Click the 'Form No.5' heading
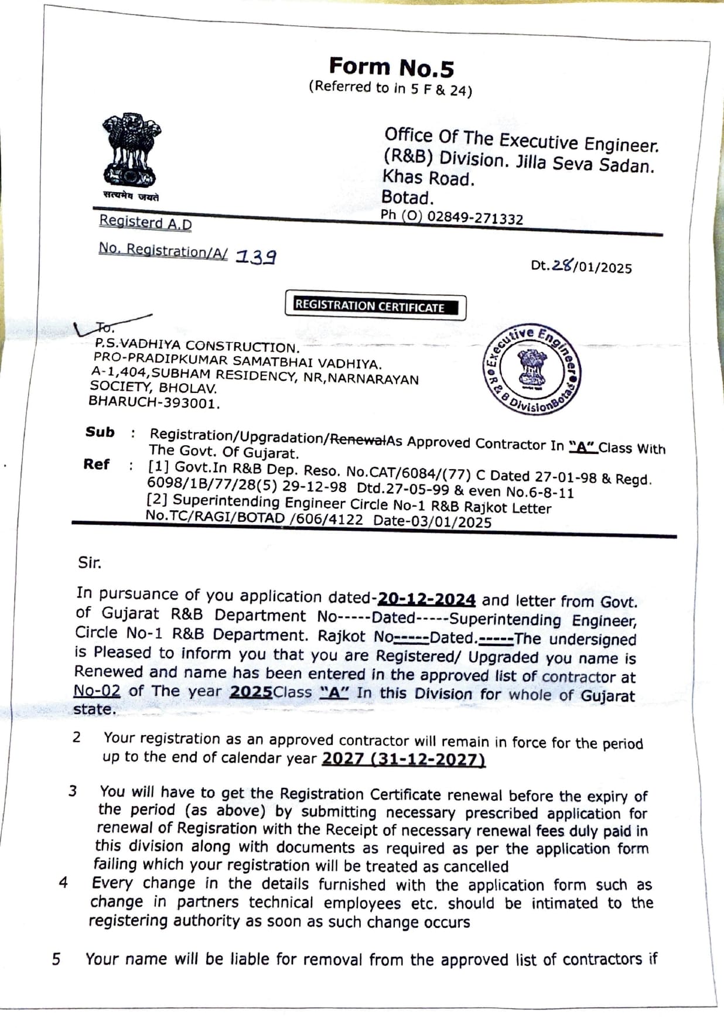(x=391, y=67)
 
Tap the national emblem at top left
(x=131, y=152)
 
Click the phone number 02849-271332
(x=474, y=218)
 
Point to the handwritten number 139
(x=256, y=256)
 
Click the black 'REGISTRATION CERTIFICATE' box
(x=375, y=306)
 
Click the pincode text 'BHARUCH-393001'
(x=154, y=402)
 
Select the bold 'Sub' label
(x=100, y=432)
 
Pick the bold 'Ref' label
(x=96, y=465)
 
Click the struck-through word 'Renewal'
(x=358, y=439)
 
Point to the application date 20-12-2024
(x=426, y=599)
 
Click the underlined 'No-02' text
(x=97, y=691)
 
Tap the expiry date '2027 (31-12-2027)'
(x=404, y=759)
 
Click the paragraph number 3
(x=73, y=791)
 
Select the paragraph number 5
(x=56, y=959)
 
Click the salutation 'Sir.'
(x=90, y=563)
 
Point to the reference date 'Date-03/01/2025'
(x=432, y=521)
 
